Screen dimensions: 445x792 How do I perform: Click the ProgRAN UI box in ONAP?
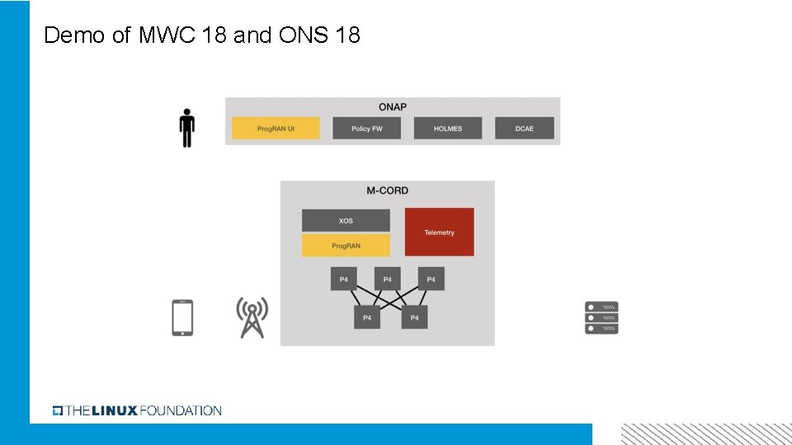pyautogui.click(x=276, y=129)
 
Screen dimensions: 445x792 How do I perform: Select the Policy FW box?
pyautogui.click(x=366, y=129)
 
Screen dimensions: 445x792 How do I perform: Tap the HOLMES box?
pyautogui.click(x=447, y=129)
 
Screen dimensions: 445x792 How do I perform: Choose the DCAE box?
pyautogui.click(x=525, y=129)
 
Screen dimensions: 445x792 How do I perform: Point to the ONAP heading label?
pyautogui.click(x=393, y=107)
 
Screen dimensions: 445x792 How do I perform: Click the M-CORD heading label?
pyautogui.click(x=388, y=190)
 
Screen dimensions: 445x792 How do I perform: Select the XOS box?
pyautogui.click(x=346, y=221)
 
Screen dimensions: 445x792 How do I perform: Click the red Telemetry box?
pyautogui.click(x=440, y=232)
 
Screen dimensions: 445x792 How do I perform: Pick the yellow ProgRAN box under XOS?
pyautogui.click(x=346, y=246)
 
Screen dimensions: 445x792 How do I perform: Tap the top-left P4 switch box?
pyautogui.click(x=344, y=279)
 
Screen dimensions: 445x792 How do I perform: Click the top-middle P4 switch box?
pyautogui.click(x=388, y=279)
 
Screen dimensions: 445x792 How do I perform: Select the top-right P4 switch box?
pyautogui.click(x=431, y=279)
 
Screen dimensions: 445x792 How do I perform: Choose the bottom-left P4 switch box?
pyautogui.click(x=367, y=317)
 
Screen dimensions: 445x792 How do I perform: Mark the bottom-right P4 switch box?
pyautogui.click(x=414, y=317)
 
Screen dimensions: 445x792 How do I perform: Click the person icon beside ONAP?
pyautogui.click(x=187, y=128)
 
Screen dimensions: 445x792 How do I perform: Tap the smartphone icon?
pyautogui.click(x=182, y=317)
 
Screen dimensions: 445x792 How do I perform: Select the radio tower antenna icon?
pyautogui.click(x=252, y=317)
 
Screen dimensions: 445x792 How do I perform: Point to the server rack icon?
pyautogui.click(x=601, y=317)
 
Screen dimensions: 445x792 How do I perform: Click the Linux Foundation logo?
pyautogui.click(x=137, y=410)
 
